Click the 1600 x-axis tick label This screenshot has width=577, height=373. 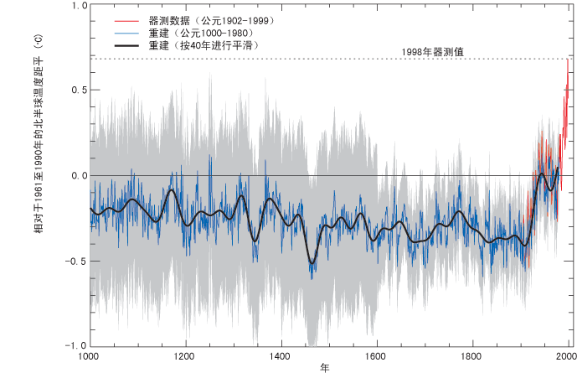coord(377,355)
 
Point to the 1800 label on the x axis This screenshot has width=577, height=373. coord(473,355)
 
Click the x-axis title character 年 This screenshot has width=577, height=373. coord(324,367)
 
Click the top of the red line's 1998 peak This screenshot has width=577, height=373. coord(568,60)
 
